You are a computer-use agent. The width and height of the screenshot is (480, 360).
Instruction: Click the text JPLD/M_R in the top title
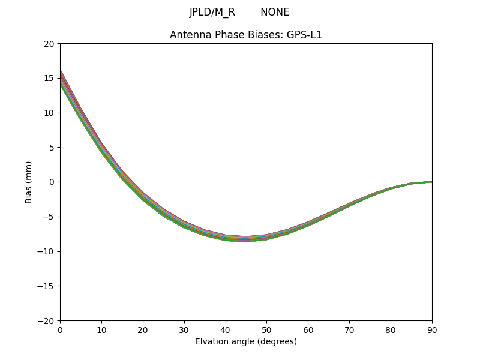(x=212, y=12)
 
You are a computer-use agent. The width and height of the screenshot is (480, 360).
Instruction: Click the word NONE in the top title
(x=275, y=12)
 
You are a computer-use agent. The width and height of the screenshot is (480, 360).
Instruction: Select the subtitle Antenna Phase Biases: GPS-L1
(x=245, y=35)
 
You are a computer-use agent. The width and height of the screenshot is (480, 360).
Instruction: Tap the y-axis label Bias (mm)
(x=29, y=182)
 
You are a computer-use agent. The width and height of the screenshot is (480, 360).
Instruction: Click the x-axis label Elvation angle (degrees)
(x=245, y=341)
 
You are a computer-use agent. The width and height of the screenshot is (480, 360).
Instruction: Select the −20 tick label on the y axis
(x=47, y=320)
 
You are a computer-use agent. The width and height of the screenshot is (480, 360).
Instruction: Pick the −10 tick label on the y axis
(x=47, y=251)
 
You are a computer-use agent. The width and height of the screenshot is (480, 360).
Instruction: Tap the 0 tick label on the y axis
(x=52, y=182)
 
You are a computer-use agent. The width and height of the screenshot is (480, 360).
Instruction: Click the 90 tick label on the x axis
(x=431, y=329)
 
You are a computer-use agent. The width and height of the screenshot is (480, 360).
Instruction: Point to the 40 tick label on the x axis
(x=225, y=329)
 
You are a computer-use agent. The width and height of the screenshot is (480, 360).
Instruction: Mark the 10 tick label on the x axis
(x=101, y=329)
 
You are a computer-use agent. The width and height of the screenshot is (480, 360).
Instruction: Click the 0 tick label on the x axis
(x=60, y=329)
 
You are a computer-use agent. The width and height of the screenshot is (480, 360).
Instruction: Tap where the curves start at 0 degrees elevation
(x=61, y=78)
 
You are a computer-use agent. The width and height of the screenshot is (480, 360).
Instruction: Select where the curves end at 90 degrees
(x=431, y=182)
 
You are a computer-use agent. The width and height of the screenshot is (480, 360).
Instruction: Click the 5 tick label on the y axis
(x=52, y=148)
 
